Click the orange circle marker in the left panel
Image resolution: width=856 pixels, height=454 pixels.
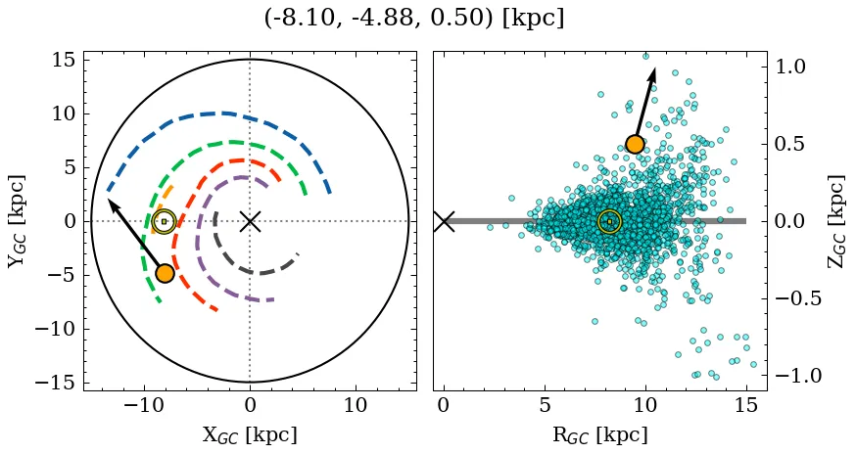(165, 273)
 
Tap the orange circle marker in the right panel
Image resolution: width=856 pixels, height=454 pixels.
(635, 144)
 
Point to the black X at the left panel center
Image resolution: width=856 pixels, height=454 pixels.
(250, 221)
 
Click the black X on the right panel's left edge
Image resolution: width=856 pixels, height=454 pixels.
(444, 221)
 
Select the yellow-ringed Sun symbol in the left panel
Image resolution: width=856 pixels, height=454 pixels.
(164, 221)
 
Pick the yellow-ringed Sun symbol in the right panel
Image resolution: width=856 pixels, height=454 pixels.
(609, 221)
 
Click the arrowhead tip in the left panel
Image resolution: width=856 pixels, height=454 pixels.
(108, 200)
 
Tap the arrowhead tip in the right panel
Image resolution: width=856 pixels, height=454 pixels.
(653, 68)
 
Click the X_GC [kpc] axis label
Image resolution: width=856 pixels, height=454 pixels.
(249, 434)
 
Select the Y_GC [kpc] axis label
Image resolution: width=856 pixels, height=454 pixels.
(18, 221)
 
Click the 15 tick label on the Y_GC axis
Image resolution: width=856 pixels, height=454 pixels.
(65, 61)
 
